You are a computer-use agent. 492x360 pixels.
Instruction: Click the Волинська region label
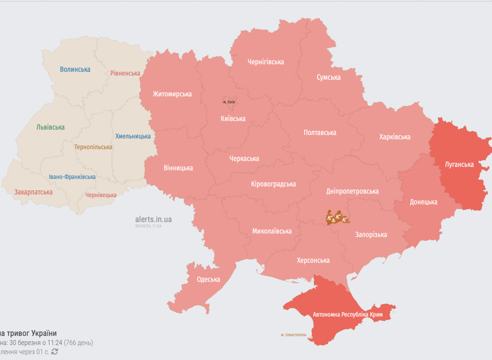(75, 69)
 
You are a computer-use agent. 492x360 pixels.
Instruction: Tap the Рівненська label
(125, 73)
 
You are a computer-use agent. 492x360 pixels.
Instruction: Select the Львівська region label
(50, 127)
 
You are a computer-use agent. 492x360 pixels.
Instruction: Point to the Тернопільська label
(93, 147)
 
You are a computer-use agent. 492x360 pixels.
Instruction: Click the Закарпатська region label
(33, 192)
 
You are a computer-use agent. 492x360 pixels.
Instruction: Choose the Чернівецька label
(101, 195)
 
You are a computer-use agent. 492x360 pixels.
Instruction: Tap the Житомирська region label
(172, 94)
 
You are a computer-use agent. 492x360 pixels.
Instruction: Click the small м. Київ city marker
(229, 102)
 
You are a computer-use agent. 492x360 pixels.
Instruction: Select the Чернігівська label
(266, 62)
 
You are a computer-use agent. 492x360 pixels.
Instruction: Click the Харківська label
(395, 137)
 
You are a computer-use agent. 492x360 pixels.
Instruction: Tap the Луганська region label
(459, 165)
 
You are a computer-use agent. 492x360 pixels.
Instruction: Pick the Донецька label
(423, 202)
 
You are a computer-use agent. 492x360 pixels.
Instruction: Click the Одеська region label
(208, 279)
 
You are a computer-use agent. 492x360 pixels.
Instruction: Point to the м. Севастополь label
(293, 335)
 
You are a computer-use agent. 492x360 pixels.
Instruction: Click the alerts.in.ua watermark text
(153, 219)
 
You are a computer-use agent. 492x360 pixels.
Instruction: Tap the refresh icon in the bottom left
(55, 352)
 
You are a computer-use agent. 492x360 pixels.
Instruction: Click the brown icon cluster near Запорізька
(337, 218)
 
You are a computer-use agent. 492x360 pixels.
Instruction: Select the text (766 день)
(78, 343)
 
